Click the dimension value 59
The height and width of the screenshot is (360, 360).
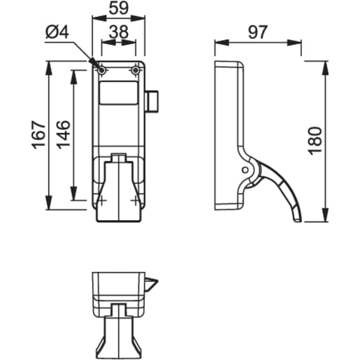118,10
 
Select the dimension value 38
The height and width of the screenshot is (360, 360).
118,31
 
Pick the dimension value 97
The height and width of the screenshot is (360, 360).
257,31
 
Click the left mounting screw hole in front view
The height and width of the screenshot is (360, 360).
102,71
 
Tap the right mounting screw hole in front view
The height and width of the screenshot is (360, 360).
136,71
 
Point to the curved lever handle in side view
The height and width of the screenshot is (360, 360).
287,192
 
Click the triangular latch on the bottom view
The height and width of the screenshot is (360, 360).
152,283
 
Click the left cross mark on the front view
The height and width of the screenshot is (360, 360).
102,199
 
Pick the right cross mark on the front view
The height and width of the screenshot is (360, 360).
136,199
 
